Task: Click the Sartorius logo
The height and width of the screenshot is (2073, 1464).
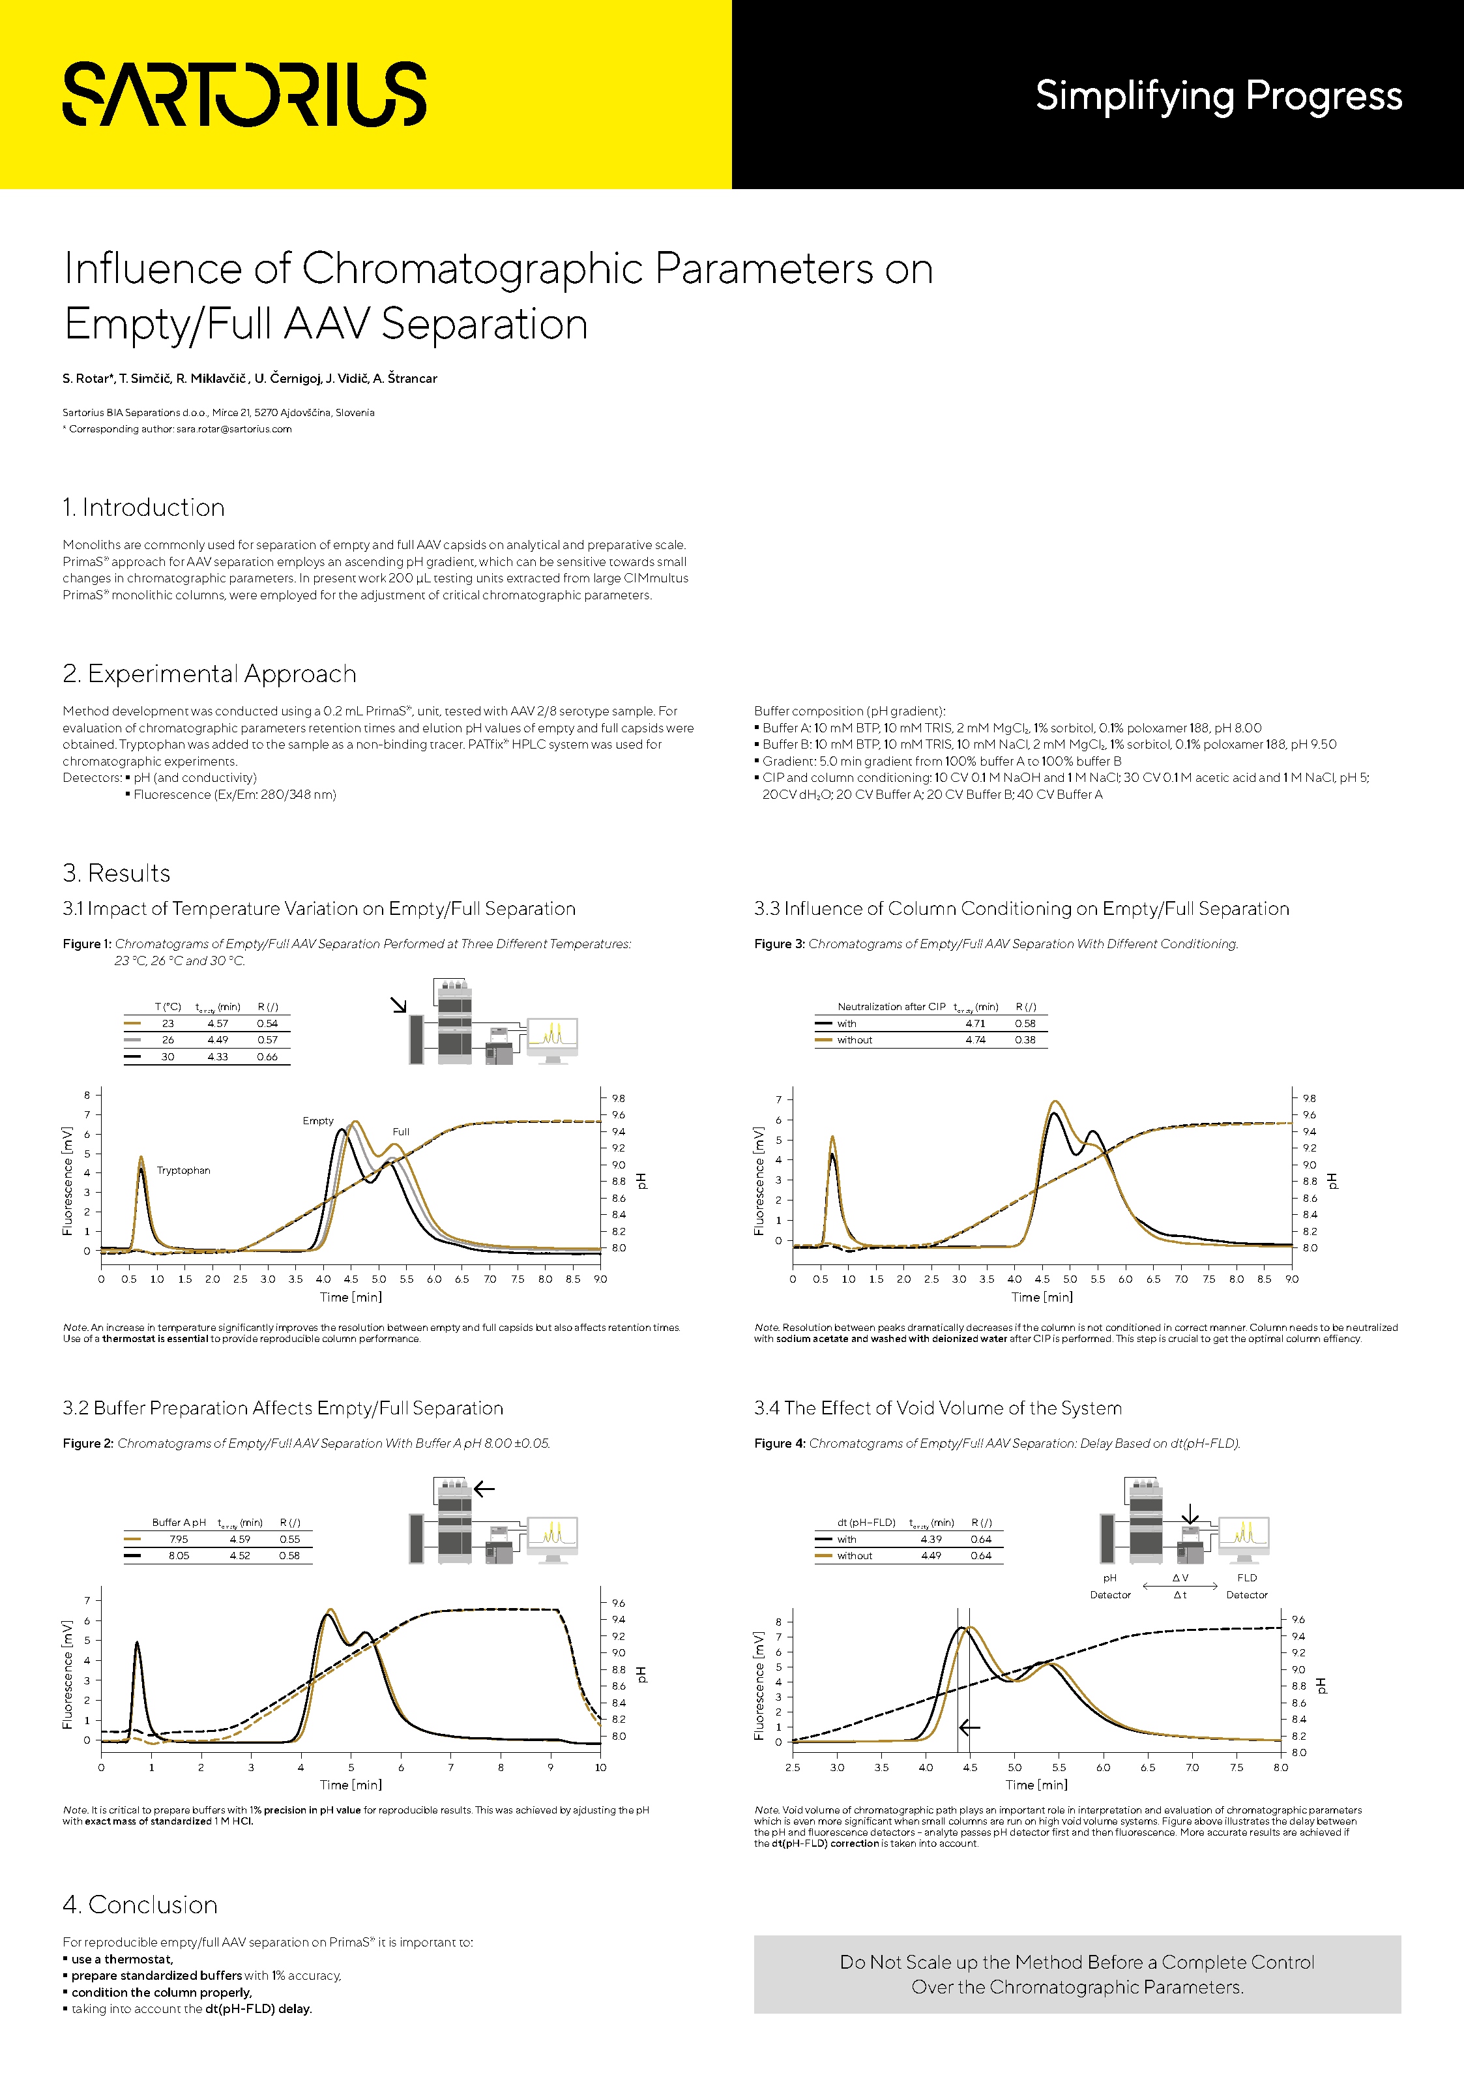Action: [x=244, y=94]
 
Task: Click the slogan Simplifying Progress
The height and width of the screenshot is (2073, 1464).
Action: [x=1218, y=96]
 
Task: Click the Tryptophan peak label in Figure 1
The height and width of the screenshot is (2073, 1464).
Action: [x=183, y=1170]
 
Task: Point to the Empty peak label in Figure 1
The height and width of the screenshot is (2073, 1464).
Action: [x=317, y=1120]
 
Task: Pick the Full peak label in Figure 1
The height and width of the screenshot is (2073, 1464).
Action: [x=401, y=1131]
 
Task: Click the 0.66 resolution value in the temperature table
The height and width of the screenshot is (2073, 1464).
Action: [x=267, y=1056]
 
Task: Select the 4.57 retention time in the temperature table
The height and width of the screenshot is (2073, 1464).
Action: [x=218, y=1023]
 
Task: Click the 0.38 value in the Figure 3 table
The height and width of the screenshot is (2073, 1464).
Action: [x=1025, y=1040]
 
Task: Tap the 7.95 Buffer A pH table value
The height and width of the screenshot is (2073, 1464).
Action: [x=179, y=1540]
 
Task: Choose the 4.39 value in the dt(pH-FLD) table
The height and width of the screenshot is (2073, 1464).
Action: [x=931, y=1540]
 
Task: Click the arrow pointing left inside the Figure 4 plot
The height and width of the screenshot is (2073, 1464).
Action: [x=969, y=1727]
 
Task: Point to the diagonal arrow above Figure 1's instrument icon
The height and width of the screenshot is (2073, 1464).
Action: [x=398, y=1005]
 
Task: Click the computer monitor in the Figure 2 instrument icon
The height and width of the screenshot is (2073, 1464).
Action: [x=551, y=1537]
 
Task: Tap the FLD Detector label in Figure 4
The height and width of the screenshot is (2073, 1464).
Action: [x=1246, y=1587]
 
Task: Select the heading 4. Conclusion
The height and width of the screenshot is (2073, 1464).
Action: [x=140, y=1904]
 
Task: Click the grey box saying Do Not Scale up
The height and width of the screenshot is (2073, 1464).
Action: [x=1077, y=1975]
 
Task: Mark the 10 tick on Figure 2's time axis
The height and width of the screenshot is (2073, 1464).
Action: [x=600, y=1767]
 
